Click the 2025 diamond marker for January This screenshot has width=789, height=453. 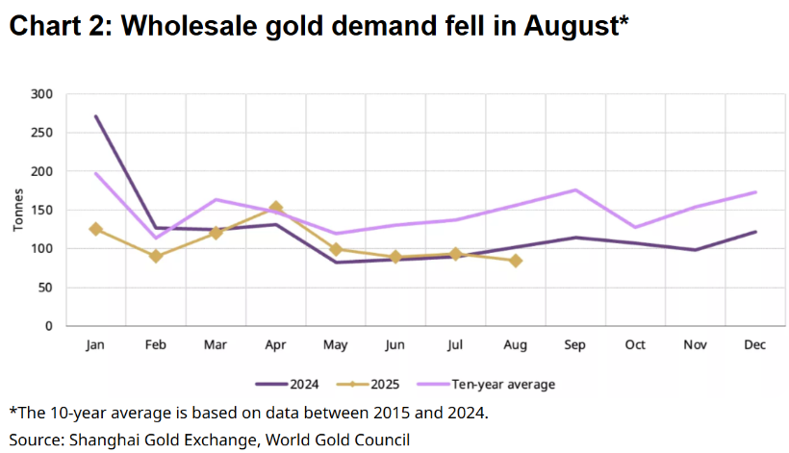point(95,229)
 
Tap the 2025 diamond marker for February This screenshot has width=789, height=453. point(156,256)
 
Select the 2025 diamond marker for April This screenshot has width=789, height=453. point(275,208)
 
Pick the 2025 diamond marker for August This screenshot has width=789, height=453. point(516,261)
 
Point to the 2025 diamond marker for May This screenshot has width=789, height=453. point(336,249)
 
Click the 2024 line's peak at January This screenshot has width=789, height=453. point(95,116)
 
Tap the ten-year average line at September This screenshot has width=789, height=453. point(575,189)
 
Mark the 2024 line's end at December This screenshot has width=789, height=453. point(755,232)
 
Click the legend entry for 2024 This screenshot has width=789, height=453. point(289,384)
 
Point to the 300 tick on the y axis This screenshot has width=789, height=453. point(41,94)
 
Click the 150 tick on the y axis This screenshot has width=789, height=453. point(41,210)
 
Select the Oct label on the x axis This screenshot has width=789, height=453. point(635,345)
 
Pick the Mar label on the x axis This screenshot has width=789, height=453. point(216,345)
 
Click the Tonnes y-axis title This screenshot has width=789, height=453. point(19,210)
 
